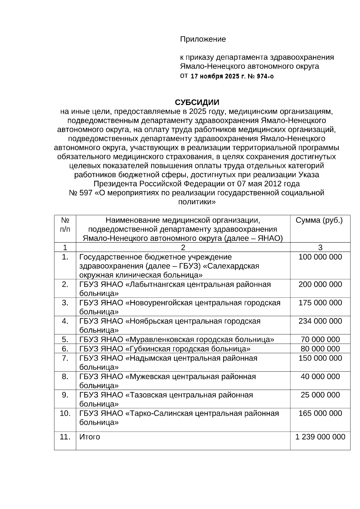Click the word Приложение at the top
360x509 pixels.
(203, 39)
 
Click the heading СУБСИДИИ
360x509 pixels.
(197, 102)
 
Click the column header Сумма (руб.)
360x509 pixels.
(319, 220)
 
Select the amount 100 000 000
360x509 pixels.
(320, 257)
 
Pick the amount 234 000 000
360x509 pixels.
(320, 321)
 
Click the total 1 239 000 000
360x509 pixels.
(320, 437)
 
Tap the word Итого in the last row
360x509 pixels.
(89, 437)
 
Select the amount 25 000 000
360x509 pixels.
(320, 395)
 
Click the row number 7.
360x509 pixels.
(65, 358)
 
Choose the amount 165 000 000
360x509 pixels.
(320, 413)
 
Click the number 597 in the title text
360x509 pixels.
(86, 193)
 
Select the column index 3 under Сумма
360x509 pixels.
(320, 247)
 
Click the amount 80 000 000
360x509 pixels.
(320, 349)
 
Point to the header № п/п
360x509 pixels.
(65, 225)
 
